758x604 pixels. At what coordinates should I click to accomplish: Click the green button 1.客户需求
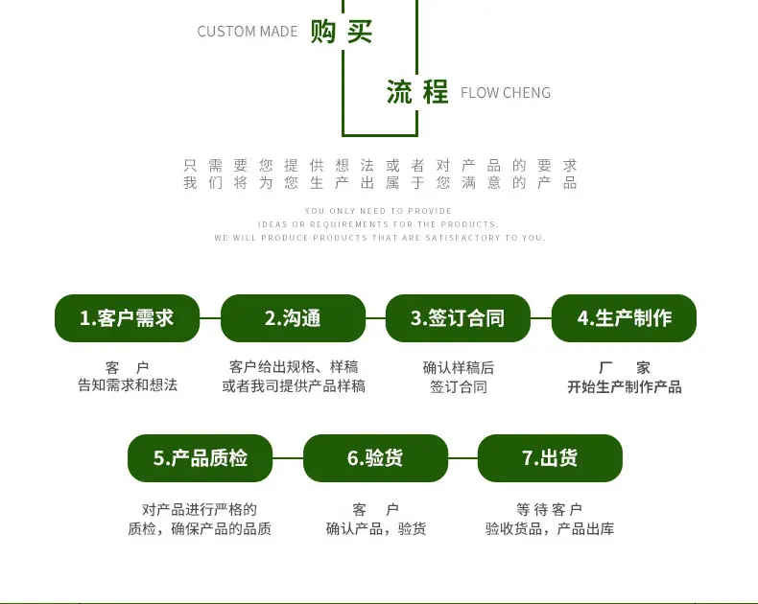(128, 318)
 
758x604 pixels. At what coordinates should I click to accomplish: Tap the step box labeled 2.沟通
(293, 318)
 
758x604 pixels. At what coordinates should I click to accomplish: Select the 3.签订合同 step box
(458, 318)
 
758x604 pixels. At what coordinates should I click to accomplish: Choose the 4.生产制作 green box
(624, 318)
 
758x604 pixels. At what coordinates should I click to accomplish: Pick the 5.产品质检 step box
(201, 458)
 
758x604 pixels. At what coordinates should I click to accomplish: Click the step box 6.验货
(375, 458)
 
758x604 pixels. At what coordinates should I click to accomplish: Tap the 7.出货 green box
(550, 458)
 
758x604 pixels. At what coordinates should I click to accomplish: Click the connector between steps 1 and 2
(210, 318)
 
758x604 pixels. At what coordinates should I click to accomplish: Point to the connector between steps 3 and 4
(541, 318)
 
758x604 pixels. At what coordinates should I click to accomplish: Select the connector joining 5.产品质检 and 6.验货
(288, 458)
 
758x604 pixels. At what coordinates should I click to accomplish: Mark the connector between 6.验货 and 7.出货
(463, 458)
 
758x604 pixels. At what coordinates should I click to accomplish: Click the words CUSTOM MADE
(247, 32)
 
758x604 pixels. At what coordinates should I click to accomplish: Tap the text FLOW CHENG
(506, 92)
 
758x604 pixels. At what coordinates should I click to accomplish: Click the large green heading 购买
(342, 32)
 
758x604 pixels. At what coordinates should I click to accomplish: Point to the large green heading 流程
(417, 92)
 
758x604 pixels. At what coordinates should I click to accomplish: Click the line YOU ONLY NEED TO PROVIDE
(378, 211)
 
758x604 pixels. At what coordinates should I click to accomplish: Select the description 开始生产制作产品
(624, 386)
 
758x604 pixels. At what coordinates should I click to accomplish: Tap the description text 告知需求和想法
(128, 385)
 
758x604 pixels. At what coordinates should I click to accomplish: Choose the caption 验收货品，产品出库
(550, 528)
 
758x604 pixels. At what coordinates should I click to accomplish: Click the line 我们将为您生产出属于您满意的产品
(380, 183)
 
